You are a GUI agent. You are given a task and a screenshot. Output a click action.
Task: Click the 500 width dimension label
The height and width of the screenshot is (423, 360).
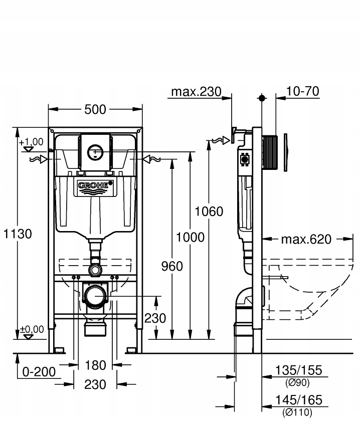tap(95, 109)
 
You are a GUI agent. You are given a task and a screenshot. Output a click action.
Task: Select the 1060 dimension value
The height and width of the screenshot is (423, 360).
tap(209, 212)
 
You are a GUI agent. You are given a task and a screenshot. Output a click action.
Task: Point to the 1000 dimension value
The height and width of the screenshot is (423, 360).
tap(191, 237)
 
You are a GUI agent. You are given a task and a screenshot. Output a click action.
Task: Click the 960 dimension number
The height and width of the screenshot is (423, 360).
tap(172, 266)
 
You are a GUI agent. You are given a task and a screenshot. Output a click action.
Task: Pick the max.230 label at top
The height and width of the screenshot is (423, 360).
tap(196, 92)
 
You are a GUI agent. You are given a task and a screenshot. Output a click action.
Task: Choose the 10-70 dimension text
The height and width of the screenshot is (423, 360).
tap(302, 91)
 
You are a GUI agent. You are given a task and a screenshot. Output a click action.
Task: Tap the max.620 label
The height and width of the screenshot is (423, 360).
tap(306, 239)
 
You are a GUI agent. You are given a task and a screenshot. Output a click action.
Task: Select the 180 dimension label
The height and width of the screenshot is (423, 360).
tap(95, 365)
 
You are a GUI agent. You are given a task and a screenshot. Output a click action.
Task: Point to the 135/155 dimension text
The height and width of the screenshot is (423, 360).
tap(298, 371)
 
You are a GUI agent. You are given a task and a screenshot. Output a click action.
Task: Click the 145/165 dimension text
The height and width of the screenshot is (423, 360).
tap(298, 400)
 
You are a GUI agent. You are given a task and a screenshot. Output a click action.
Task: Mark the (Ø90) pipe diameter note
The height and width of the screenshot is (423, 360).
tap(298, 382)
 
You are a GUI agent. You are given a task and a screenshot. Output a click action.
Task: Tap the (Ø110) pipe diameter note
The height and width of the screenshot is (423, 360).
tap(298, 412)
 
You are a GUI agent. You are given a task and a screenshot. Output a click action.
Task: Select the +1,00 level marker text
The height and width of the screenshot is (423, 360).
tap(32, 142)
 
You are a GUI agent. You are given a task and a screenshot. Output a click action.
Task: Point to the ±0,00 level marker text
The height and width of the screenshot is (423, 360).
tap(32, 329)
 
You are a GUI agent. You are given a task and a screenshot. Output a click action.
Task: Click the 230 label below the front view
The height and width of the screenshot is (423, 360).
tap(95, 384)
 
